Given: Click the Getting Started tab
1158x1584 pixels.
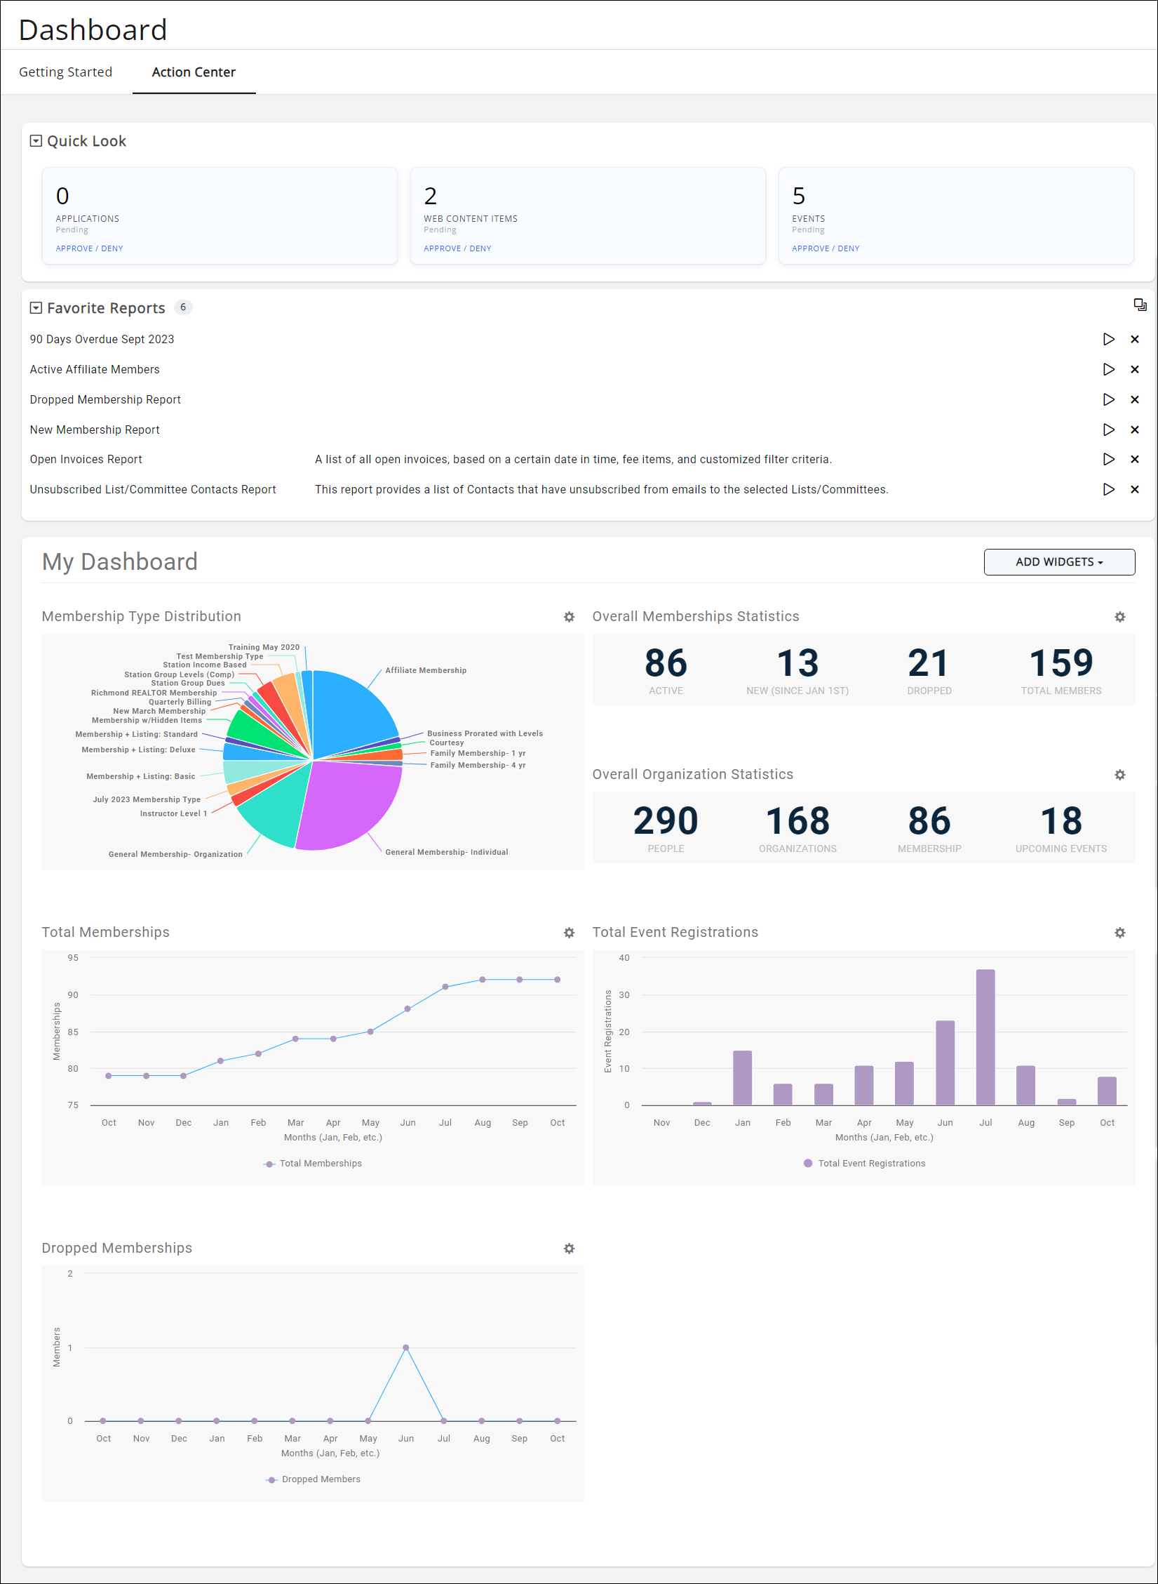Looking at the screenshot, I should coord(65,72).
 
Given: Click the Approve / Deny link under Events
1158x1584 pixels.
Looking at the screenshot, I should coord(825,248).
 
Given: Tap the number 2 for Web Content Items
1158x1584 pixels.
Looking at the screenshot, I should coord(430,196).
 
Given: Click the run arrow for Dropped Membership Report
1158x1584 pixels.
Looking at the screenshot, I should coord(1108,399).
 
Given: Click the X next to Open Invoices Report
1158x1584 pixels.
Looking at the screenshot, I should coord(1134,459).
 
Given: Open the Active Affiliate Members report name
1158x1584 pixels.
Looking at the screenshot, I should coord(95,369).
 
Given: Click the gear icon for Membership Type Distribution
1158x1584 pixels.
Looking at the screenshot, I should coord(569,617).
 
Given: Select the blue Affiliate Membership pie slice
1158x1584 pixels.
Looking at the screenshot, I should coord(351,709).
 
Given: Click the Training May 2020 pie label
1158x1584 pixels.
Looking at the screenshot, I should coord(264,647).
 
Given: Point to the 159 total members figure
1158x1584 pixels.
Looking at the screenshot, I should coord(1061,663).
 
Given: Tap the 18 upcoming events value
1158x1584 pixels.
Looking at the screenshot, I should coord(1061,821).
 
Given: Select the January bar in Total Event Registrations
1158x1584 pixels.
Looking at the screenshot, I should coord(742,1078).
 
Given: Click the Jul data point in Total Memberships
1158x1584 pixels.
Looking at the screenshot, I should coord(445,987).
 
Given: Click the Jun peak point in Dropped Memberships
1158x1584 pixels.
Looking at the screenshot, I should coord(406,1347).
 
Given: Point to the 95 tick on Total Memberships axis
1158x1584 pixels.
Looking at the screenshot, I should coord(73,958).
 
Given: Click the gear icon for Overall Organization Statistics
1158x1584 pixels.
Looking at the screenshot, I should coord(1119,775).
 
